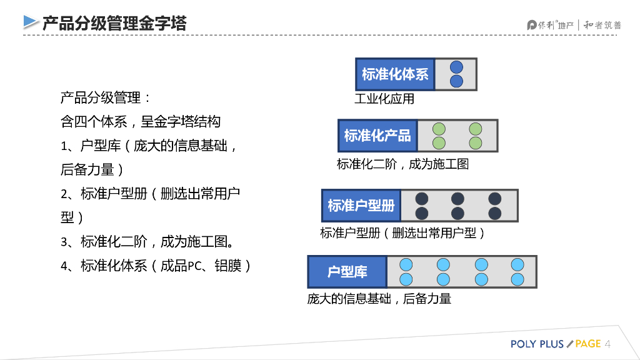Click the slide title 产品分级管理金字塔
[x=114, y=24]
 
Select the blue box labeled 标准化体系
[x=395, y=74]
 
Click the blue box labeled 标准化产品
[x=377, y=136]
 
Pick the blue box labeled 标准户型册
[x=361, y=206]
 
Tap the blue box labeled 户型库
[x=347, y=272]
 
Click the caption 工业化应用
[x=384, y=99]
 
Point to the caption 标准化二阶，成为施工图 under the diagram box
[x=402, y=164]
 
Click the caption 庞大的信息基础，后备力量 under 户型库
[x=379, y=299]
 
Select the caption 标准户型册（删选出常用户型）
[x=402, y=233]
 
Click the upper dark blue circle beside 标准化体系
[x=456, y=67]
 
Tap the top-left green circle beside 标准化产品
[x=439, y=129]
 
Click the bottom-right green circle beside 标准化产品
[x=476, y=143]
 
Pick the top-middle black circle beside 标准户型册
[x=458, y=199]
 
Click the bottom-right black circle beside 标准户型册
[x=495, y=213]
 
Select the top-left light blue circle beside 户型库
[x=406, y=264]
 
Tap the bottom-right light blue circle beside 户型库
[x=517, y=279]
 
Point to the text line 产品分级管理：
[x=106, y=98]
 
